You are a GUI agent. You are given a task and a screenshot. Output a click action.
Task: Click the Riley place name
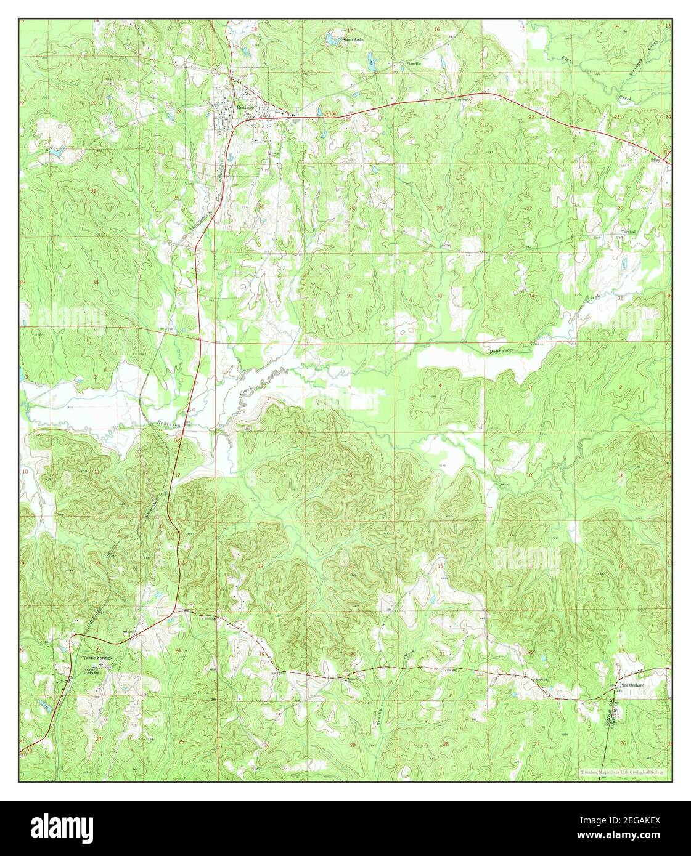pyautogui.click(x=655, y=159)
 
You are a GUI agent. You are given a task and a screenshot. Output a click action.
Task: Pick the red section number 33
pyautogui.click(x=439, y=296)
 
